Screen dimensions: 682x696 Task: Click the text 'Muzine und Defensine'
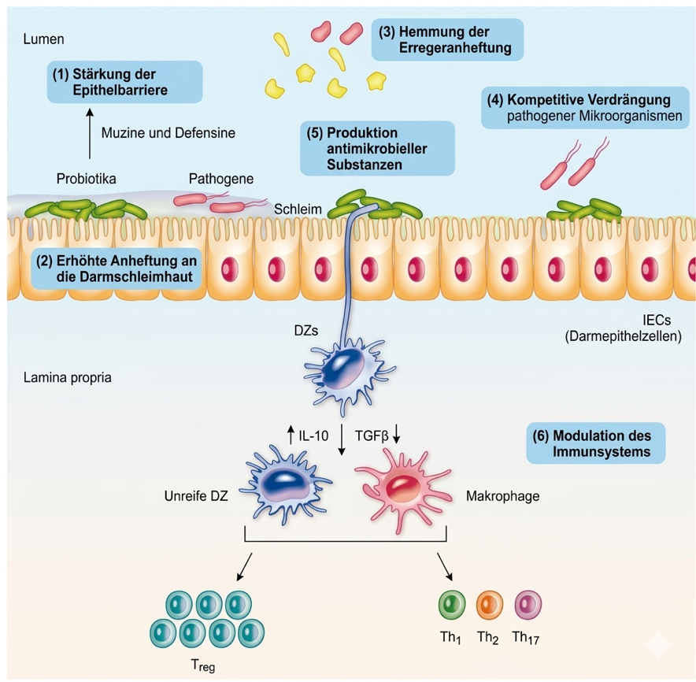168,133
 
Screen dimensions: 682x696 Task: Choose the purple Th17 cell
527,605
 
